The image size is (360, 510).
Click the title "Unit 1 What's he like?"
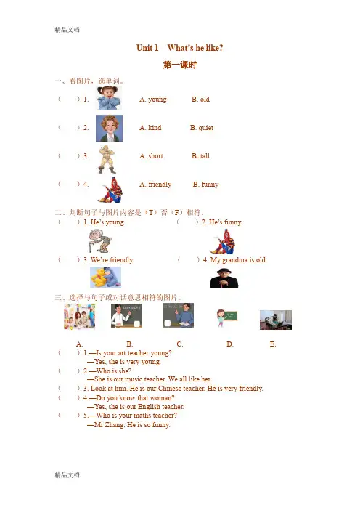(x=180, y=48)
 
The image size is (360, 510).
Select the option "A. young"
(x=153, y=100)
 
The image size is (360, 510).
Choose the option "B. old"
(x=200, y=100)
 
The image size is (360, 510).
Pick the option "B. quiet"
(x=202, y=128)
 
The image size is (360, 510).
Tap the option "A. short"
(x=152, y=156)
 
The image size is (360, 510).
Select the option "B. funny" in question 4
(x=205, y=185)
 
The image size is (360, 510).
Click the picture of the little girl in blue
(x=110, y=98)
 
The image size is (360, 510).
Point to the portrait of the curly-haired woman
(x=109, y=128)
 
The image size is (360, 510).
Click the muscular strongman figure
(x=107, y=159)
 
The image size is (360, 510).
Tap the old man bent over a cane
(x=100, y=240)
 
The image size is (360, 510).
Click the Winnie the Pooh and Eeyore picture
(x=105, y=277)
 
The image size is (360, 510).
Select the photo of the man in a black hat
(x=224, y=278)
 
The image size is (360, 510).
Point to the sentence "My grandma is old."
(x=239, y=260)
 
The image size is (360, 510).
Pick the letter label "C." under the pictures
(x=180, y=344)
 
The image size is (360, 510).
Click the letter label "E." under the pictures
(x=273, y=344)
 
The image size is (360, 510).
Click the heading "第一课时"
(x=180, y=65)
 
